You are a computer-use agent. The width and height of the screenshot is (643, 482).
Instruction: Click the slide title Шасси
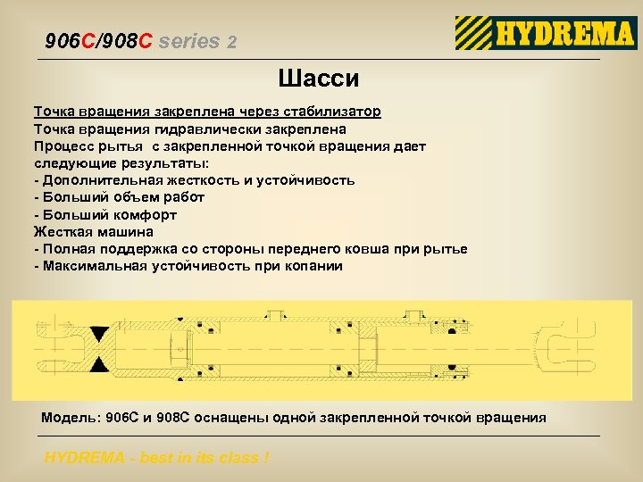point(319,79)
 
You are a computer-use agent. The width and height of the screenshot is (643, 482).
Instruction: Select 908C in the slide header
point(129,41)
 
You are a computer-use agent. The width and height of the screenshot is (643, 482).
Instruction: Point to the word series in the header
point(189,41)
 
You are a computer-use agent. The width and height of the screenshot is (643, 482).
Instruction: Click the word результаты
point(160,163)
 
